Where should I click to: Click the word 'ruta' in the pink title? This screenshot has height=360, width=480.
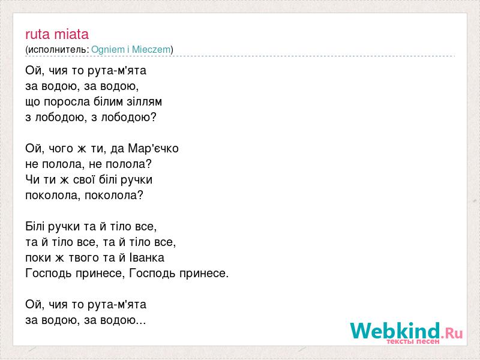37,34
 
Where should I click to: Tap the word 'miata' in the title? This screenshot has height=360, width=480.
71,34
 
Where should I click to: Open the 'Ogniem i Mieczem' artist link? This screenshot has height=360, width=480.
131,49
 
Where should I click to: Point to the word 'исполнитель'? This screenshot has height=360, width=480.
58,50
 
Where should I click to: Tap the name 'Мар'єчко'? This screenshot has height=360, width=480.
153,148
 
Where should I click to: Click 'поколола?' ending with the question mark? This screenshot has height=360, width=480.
114,196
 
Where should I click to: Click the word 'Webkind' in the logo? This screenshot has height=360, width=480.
395,331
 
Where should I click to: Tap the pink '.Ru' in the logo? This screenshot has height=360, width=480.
452,333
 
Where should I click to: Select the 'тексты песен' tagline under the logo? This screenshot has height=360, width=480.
413,341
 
